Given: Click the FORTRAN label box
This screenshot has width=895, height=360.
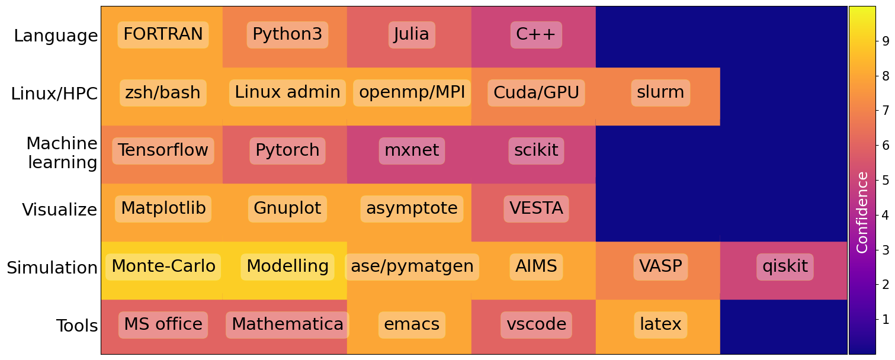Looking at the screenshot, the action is pyautogui.click(x=163, y=35).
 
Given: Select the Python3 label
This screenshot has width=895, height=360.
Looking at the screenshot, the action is pyautogui.click(x=287, y=35).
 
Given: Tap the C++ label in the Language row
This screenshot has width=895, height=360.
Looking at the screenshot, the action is pyautogui.click(x=536, y=35).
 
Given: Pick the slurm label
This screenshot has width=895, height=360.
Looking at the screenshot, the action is pyautogui.click(x=660, y=93).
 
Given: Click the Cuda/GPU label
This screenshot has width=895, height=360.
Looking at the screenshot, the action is pyautogui.click(x=536, y=93).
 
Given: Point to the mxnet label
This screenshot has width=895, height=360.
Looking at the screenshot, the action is pyautogui.click(x=412, y=150).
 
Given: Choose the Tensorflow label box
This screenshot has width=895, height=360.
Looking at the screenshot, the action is pyautogui.click(x=163, y=150).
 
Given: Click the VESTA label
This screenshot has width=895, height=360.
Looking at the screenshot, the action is pyautogui.click(x=536, y=208).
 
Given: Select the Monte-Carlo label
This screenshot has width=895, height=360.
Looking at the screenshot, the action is pyautogui.click(x=163, y=267).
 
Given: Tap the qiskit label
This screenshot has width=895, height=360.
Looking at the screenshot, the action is pyautogui.click(x=785, y=267).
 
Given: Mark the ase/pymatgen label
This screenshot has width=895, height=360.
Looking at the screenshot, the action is pyautogui.click(x=412, y=267).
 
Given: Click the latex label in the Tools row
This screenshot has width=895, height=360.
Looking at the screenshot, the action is pyautogui.click(x=660, y=325).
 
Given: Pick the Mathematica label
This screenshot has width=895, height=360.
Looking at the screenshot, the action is pyautogui.click(x=287, y=325).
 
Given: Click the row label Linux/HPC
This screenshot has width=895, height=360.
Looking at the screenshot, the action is pyautogui.click(x=54, y=94).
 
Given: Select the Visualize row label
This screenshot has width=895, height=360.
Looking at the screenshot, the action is pyautogui.click(x=60, y=210).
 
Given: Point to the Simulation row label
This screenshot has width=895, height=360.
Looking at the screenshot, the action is pyautogui.click(x=52, y=268).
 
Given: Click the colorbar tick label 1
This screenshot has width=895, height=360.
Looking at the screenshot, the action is pyautogui.click(x=886, y=319).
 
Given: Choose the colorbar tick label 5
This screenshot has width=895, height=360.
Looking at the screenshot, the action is pyautogui.click(x=886, y=180).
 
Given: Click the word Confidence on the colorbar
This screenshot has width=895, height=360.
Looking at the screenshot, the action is pyautogui.click(x=862, y=213).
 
